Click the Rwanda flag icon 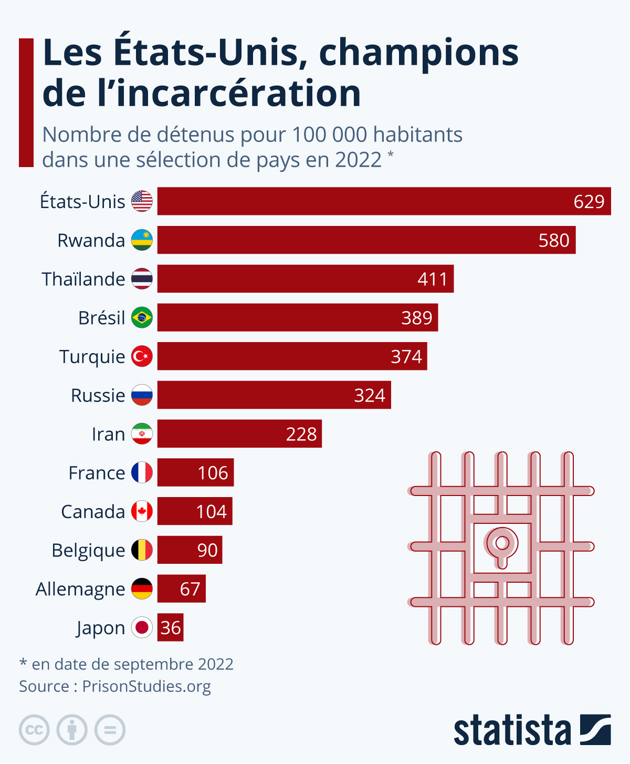tap(142, 240)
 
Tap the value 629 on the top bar tap(589, 202)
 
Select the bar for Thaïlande tap(305, 279)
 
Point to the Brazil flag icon tap(142, 318)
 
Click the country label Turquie tap(92, 357)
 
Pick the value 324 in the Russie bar tap(370, 395)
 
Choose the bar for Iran tap(239, 434)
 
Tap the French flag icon tap(142, 473)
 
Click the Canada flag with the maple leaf tap(142, 511)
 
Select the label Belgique tap(88, 551)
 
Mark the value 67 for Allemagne tap(190, 589)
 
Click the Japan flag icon tap(142, 627)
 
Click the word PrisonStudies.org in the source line tap(146, 686)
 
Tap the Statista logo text tap(512, 730)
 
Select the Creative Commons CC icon tap(34, 730)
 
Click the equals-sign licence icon tap(110, 730)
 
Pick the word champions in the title tap(418, 53)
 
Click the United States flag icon tap(142, 201)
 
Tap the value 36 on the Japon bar tap(171, 628)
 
